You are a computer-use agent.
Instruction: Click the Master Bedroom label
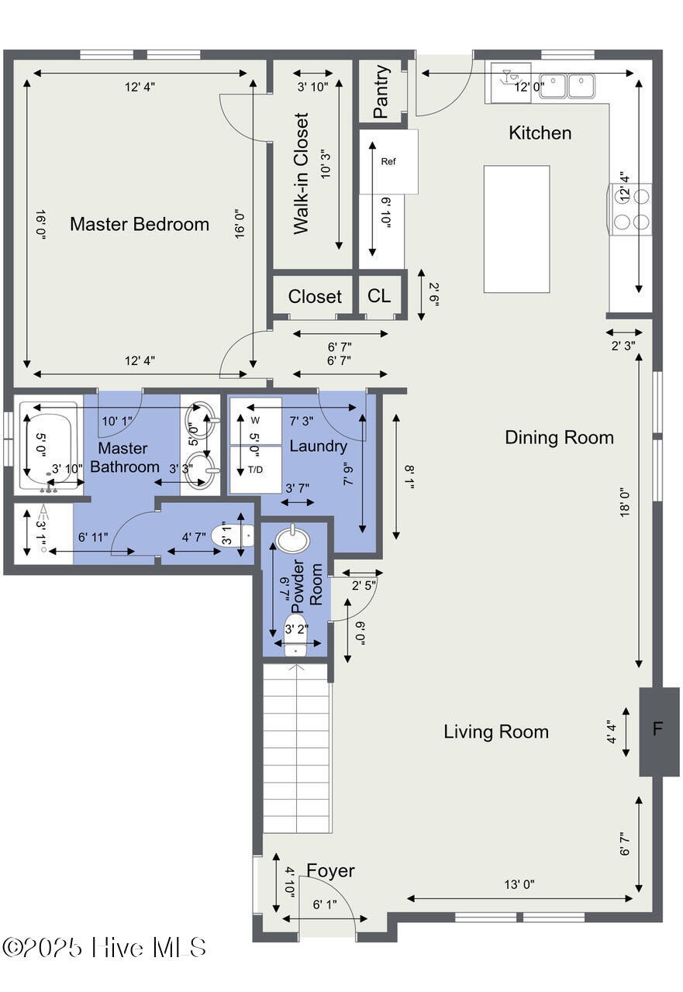[x=140, y=224]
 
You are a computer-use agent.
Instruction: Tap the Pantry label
[x=381, y=91]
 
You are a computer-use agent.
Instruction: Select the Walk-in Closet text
[x=301, y=173]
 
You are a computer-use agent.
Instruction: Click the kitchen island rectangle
[x=516, y=229]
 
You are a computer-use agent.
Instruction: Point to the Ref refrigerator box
[x=388, y=161]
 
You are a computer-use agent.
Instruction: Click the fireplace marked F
[x=659, y=728]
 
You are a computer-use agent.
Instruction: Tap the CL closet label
[x=378, y=296]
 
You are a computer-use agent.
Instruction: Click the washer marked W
[x=256, y=421]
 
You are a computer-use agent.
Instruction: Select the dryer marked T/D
[x=256, y=470]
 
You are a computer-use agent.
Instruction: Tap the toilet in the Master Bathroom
[x=233, y=536]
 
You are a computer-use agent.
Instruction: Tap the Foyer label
[x=330, y=870]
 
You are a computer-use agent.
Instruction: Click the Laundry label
[x=318, y=446]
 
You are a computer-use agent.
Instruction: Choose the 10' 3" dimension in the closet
[x=326, y=164]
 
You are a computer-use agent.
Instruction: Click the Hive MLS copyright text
[x=104, y=947]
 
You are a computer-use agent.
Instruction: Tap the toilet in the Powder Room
[x=295, y=634]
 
